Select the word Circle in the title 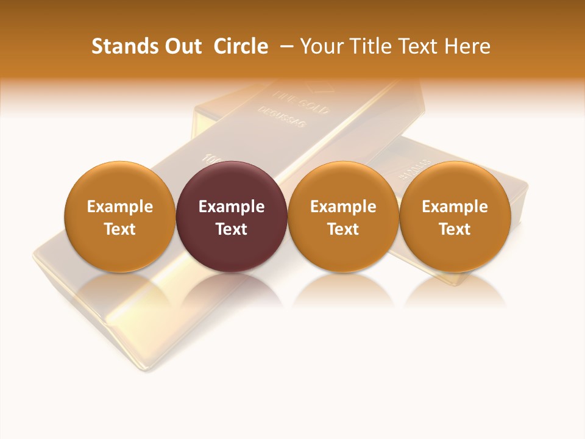(x=241, y=46)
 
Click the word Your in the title (x=321, y=46)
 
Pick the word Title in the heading (x=367, y=46)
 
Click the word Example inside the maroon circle (x=232, y=207)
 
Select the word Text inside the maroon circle (x=232, y=229)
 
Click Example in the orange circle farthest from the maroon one (x=455, y=207)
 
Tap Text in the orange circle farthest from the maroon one (x=455, y=229)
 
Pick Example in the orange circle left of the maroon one (x=120, y=207)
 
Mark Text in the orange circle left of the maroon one (x=120, y=229)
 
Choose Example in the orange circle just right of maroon (x=343, y=207)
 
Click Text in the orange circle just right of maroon (x=343, y=229)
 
